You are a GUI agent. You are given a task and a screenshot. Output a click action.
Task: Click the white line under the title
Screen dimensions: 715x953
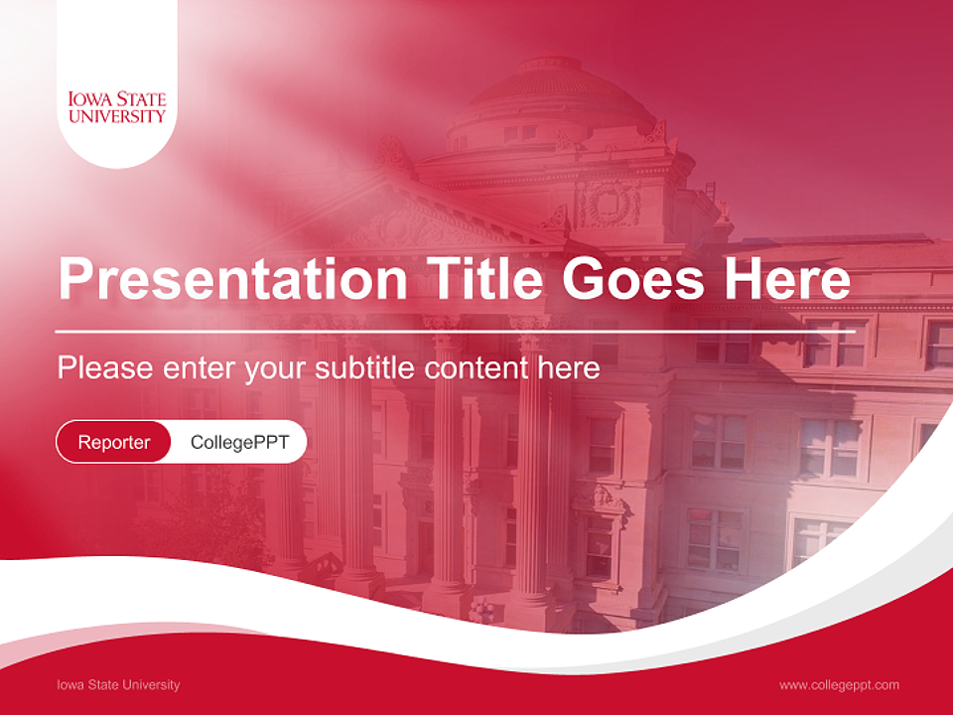(455, 331)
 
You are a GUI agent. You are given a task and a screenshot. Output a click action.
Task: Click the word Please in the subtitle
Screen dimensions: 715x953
(103, 368)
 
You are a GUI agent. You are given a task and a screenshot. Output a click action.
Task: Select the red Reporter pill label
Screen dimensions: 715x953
(114, 442)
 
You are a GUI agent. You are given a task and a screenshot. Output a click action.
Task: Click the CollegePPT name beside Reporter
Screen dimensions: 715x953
(239, 442)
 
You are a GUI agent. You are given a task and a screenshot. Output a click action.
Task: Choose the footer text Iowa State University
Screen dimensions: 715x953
(119, 684)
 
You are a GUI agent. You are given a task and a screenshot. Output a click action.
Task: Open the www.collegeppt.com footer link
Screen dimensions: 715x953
(839, 684)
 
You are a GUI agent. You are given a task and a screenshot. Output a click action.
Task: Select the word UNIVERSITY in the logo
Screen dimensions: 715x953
(117, 116)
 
